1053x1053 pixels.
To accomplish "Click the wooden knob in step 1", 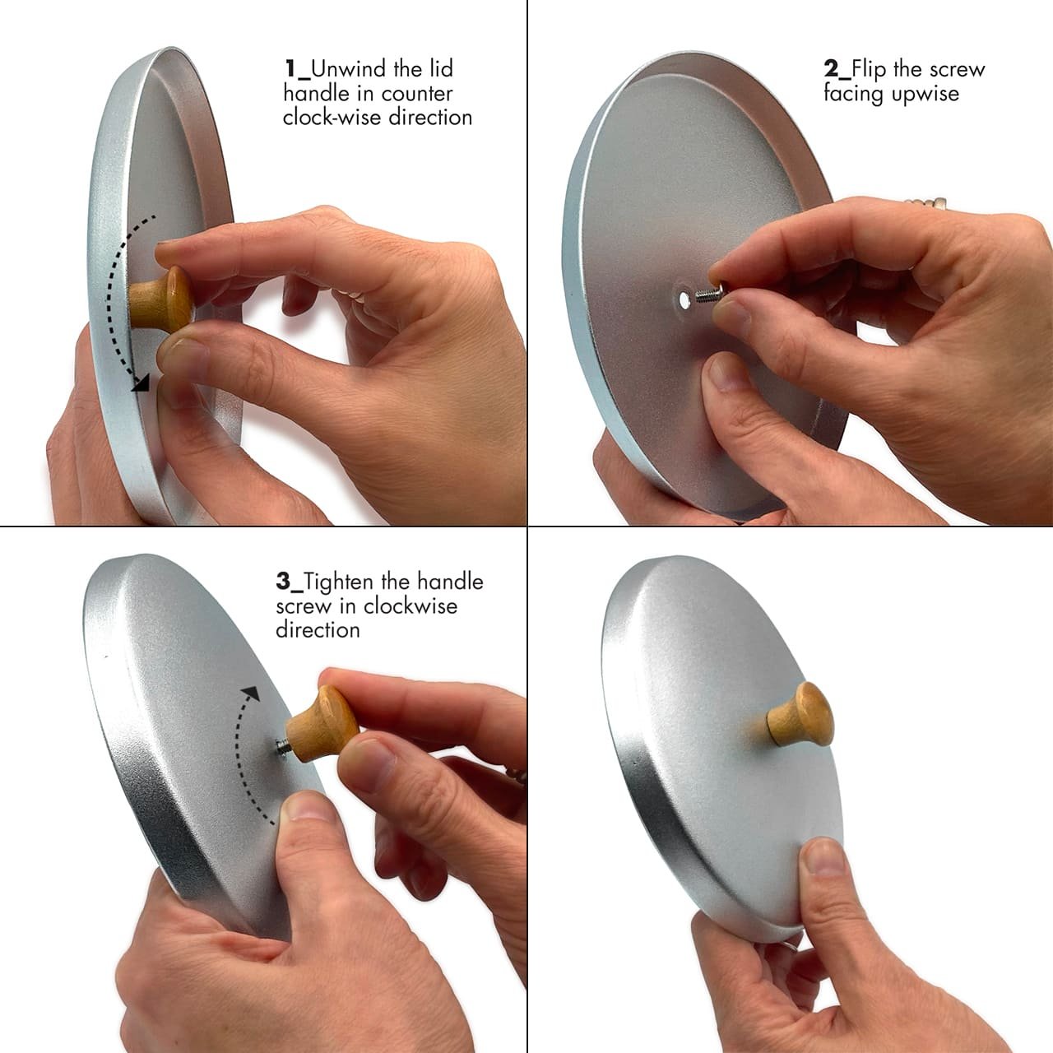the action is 162,299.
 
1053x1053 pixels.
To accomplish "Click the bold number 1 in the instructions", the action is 290,69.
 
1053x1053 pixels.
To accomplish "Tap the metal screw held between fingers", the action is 709,294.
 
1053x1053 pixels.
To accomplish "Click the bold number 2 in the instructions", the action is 831,69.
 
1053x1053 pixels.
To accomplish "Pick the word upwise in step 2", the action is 925,94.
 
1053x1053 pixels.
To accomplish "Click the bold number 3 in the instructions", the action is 283,582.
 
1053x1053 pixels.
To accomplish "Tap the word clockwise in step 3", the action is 411,606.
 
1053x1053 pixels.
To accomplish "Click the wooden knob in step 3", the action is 322,723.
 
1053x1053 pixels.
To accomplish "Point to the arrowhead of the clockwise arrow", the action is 251,693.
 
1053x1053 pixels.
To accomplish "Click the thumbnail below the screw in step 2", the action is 725,372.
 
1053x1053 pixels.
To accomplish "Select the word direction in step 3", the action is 318,630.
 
